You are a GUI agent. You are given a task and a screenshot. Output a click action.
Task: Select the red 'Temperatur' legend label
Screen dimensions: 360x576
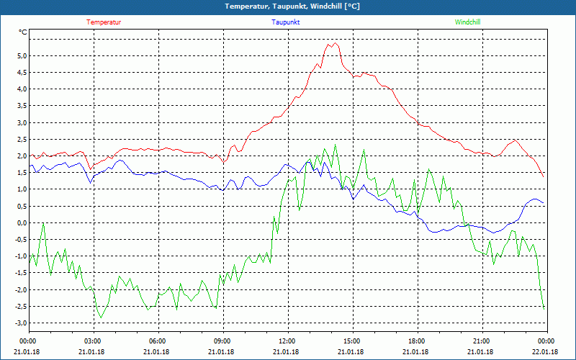104,22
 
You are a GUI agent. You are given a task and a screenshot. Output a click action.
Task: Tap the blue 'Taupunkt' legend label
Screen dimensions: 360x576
286,22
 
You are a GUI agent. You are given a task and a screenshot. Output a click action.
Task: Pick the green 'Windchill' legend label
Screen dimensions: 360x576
468,22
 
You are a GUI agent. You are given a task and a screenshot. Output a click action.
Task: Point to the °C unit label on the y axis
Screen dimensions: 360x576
23,32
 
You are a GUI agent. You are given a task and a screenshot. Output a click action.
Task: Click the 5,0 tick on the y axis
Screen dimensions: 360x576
22,56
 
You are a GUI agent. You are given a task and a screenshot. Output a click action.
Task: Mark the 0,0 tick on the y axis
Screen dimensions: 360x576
22,223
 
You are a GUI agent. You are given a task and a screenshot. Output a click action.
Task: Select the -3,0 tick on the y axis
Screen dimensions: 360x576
20,323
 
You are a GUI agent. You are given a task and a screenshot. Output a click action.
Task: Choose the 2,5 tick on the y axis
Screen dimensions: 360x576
22,140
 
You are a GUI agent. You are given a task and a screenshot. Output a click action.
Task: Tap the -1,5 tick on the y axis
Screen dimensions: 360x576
20,273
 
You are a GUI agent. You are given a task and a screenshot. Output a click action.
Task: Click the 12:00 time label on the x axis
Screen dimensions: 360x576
287,341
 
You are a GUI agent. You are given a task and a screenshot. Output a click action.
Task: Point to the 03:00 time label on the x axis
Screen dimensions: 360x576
93,341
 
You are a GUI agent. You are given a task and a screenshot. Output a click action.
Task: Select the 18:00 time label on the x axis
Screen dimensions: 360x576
417,341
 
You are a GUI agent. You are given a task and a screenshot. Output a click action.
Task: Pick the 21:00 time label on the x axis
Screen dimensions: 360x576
482,341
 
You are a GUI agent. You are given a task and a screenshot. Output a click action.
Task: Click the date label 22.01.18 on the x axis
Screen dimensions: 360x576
546,352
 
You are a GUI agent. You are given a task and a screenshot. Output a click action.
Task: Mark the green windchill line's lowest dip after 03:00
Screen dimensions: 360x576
101,317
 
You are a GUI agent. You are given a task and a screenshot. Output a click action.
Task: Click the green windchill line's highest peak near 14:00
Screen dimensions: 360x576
334,145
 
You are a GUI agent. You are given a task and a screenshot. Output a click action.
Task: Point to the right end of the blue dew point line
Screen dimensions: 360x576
544,204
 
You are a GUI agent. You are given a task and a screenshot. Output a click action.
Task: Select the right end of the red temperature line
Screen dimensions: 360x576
544,177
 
